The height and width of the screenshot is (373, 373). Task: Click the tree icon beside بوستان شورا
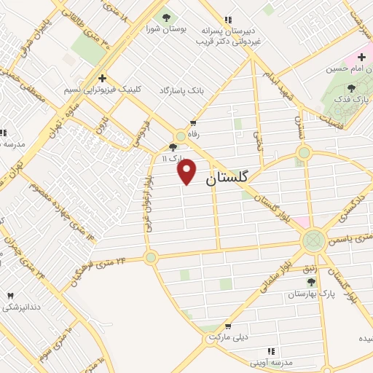pos(165,16)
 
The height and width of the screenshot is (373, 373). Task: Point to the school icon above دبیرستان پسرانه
pos(228,20)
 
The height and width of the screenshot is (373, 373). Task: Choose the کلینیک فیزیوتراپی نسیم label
pos(102,89)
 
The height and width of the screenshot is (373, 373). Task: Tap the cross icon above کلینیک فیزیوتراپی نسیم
pos(102,77)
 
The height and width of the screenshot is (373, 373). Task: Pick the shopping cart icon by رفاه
pos(192,123)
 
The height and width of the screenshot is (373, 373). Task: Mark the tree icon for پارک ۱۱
pos(172,146)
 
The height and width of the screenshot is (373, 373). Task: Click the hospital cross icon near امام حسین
pos(361,57)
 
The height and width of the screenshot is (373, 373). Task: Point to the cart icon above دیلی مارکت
pos(228,327)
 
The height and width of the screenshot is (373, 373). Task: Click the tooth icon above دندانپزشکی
pos(10,296)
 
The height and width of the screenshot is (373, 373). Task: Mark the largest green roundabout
pos(314,238)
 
